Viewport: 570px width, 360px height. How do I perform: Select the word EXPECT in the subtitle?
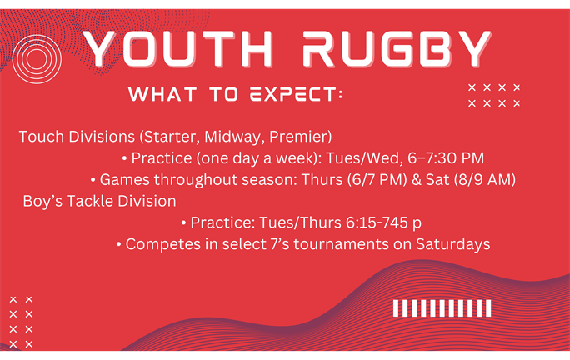293,94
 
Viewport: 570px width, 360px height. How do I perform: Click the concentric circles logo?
37,59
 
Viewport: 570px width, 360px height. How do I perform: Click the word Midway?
234,137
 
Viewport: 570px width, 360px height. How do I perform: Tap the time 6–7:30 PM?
446,158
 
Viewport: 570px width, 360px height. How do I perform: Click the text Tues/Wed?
364,158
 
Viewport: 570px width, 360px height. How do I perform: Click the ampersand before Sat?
416,180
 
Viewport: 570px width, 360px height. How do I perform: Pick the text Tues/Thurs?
300,222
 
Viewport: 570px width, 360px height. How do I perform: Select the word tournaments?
341,244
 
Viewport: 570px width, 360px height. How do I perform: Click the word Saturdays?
453,244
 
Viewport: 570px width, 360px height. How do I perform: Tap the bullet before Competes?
118,245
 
